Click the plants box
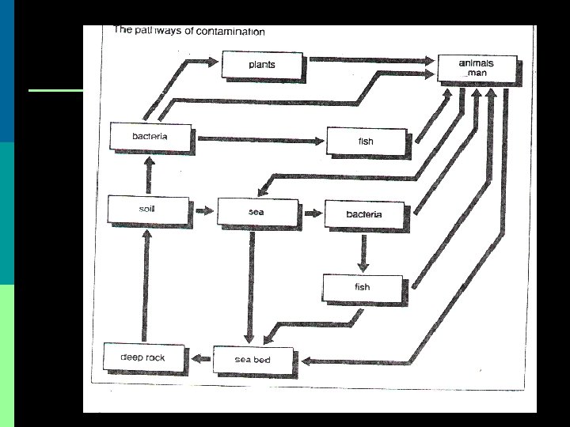pos(261,64)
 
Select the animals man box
pos(477,66)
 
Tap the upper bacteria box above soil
pos(150,136)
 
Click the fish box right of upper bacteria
pos(366,141)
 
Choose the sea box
pos(256,212)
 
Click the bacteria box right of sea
pos(364,214)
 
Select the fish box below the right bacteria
pos(362,287)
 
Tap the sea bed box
pos(253,360)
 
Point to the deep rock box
pos(143,357)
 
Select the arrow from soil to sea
pos(203,211)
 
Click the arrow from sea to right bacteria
pos(312,213)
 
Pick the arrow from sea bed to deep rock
pos(201,360)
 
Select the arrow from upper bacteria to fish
pos(260,140)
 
